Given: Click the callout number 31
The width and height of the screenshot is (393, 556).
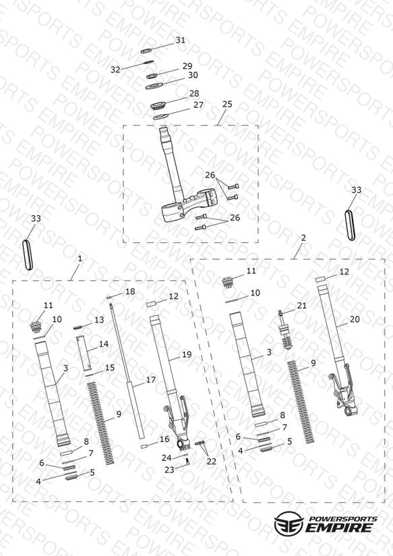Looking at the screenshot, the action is point(181,40).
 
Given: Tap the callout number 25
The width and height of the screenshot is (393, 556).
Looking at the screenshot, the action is point(227,104).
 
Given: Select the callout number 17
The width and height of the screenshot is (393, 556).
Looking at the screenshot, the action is point(151,380).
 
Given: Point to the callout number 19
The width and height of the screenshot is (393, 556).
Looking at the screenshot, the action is point(187,354).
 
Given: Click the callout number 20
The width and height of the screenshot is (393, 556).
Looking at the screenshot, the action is point(355,319).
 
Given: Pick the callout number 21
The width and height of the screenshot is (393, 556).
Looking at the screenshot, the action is point(302,305).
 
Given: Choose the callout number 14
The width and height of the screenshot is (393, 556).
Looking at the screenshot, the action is point(104,344).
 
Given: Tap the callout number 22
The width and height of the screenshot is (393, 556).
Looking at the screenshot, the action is point(212,462).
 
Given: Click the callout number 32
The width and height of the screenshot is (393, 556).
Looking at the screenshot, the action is point(115,69).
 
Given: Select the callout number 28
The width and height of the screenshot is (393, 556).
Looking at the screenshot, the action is point(194,93).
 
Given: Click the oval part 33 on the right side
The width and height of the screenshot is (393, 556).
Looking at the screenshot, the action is point(350,225).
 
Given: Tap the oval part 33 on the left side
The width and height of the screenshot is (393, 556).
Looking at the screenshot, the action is point(28,255).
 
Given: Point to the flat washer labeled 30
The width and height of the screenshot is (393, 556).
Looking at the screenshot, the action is point(154,86).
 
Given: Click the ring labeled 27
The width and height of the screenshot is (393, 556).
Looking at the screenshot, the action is point(161,116).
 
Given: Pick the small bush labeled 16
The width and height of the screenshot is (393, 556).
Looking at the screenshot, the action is point(144,447).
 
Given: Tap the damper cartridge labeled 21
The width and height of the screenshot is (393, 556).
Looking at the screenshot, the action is point(285,331).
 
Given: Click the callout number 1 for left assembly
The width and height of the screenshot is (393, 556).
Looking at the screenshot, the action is point(80,258).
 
